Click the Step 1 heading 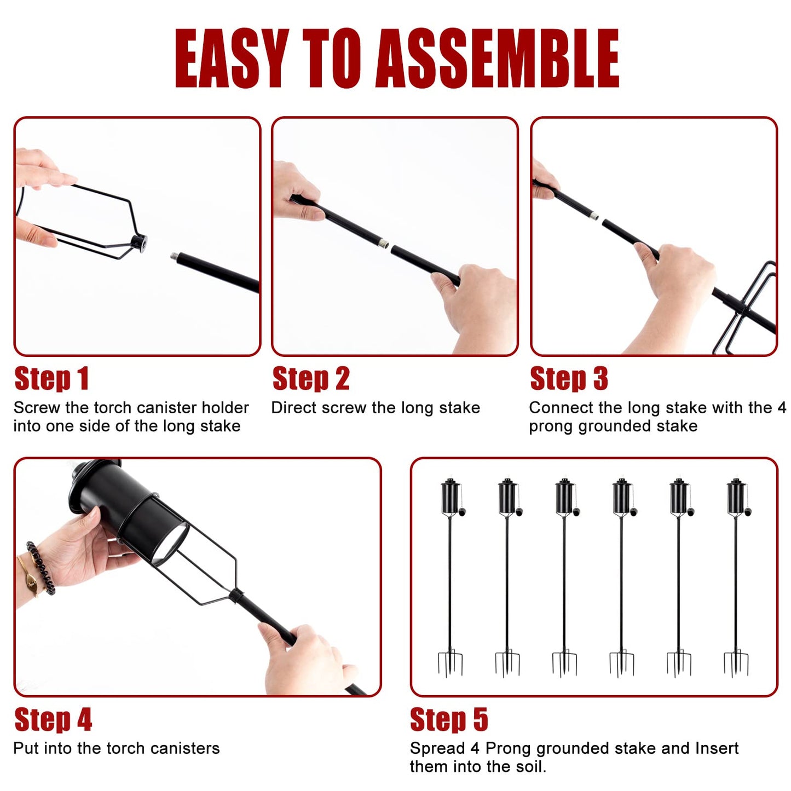point(51,378)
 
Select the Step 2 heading point(311,378)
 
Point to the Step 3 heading point(569,378)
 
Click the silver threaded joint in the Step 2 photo point(383,244)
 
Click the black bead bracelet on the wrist point(41,568)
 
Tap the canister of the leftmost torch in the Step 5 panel point(450,496)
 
